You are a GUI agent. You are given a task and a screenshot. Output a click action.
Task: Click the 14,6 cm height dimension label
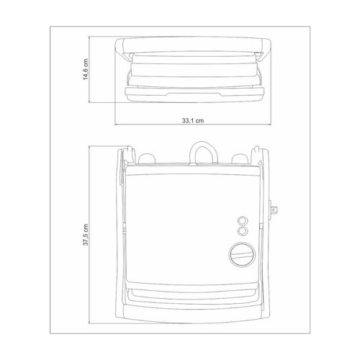coord(86,69)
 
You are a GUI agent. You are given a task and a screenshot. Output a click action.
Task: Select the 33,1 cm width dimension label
coord(193,120)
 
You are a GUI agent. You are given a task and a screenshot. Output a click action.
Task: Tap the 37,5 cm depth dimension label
coord(86,235)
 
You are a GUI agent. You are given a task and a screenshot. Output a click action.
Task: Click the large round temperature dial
coord(242,255)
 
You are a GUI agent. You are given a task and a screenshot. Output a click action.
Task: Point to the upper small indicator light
coord(243,220)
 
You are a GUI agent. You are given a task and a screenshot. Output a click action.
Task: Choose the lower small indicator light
coord(243,231)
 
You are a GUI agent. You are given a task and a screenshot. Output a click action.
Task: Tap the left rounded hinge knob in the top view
coord(147,158)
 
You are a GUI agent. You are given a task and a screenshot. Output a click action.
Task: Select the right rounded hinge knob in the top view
coord(240,158)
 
